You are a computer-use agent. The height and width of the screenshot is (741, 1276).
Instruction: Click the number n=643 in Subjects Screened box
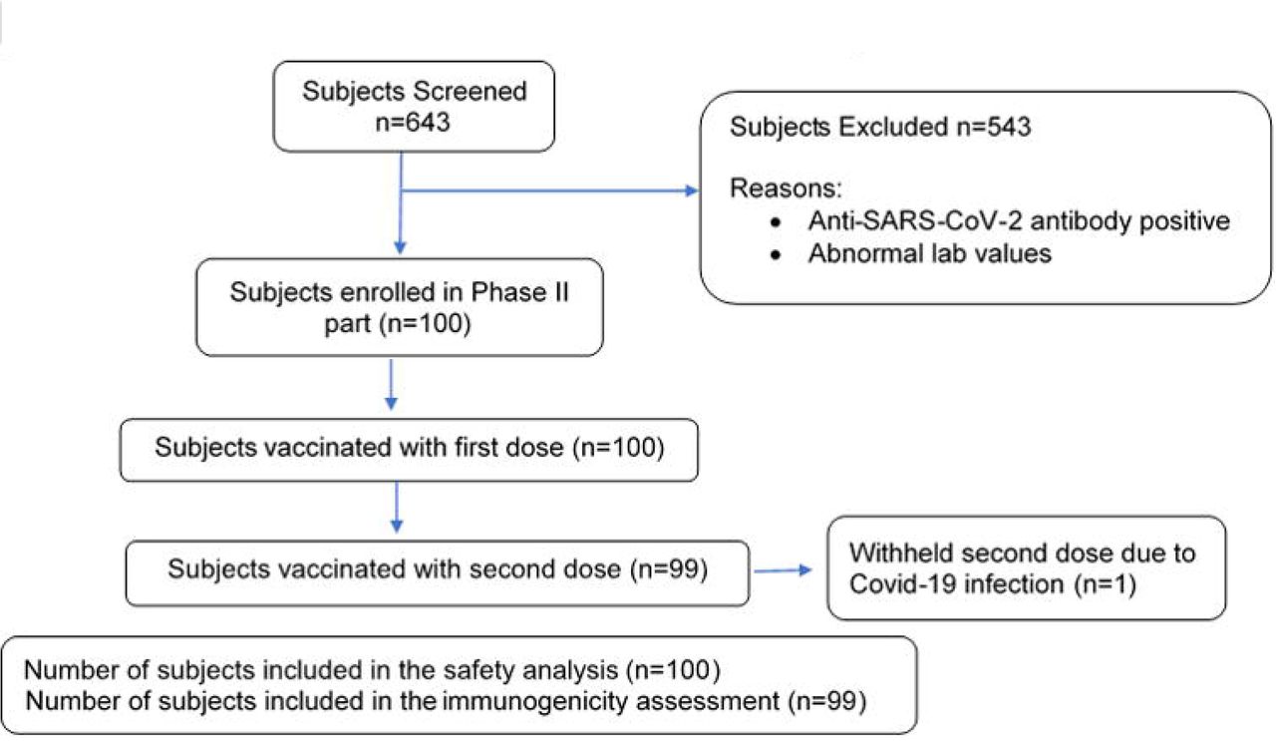(x=413, y=122)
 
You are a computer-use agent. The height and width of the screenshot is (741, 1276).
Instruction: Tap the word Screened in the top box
(x=470, y=91)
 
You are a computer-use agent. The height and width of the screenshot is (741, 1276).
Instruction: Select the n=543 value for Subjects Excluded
(x=994, y=127)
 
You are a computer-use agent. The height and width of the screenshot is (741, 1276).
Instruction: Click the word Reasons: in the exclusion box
(x=786, y=188)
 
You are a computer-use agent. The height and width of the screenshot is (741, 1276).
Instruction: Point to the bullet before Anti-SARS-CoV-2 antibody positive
(x=776, y=222)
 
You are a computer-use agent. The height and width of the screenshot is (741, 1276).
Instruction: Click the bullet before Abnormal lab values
(x=776, y=254)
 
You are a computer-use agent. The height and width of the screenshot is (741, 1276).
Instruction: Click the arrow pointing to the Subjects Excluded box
(x=549, y=190)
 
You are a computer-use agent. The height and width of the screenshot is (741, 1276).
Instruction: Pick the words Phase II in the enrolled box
(x=519, y=292)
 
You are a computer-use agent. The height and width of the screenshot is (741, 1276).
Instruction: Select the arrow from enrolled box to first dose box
(x=391, y=384)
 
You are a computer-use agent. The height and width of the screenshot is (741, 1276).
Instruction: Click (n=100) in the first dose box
(x=619, y=448)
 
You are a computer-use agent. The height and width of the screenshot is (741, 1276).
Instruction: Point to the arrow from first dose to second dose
(x=397, y=508)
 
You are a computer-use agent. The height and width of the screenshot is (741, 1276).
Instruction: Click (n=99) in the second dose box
(x=669, y=568)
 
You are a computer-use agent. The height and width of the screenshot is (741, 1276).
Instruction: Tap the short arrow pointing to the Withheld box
(x=783, y=570)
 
